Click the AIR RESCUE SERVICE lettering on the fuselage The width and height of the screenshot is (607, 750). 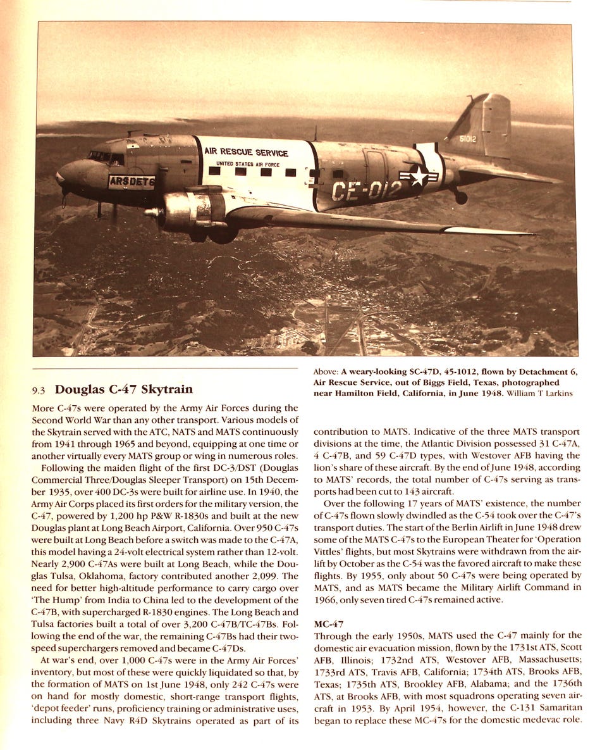(246, 153)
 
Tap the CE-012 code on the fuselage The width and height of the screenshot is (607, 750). (367, 190)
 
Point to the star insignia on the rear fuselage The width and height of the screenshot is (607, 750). (418, 176)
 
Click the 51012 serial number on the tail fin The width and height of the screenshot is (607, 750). (469, 139)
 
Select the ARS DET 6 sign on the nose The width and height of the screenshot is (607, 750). (132, 182)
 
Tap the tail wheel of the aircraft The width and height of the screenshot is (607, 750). (461, 198)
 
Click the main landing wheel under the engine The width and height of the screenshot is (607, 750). (223, 234)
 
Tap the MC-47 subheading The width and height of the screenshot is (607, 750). (329, 623)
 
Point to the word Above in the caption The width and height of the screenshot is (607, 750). (325, 372)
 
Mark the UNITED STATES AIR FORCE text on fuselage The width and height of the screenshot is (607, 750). (244, 165)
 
